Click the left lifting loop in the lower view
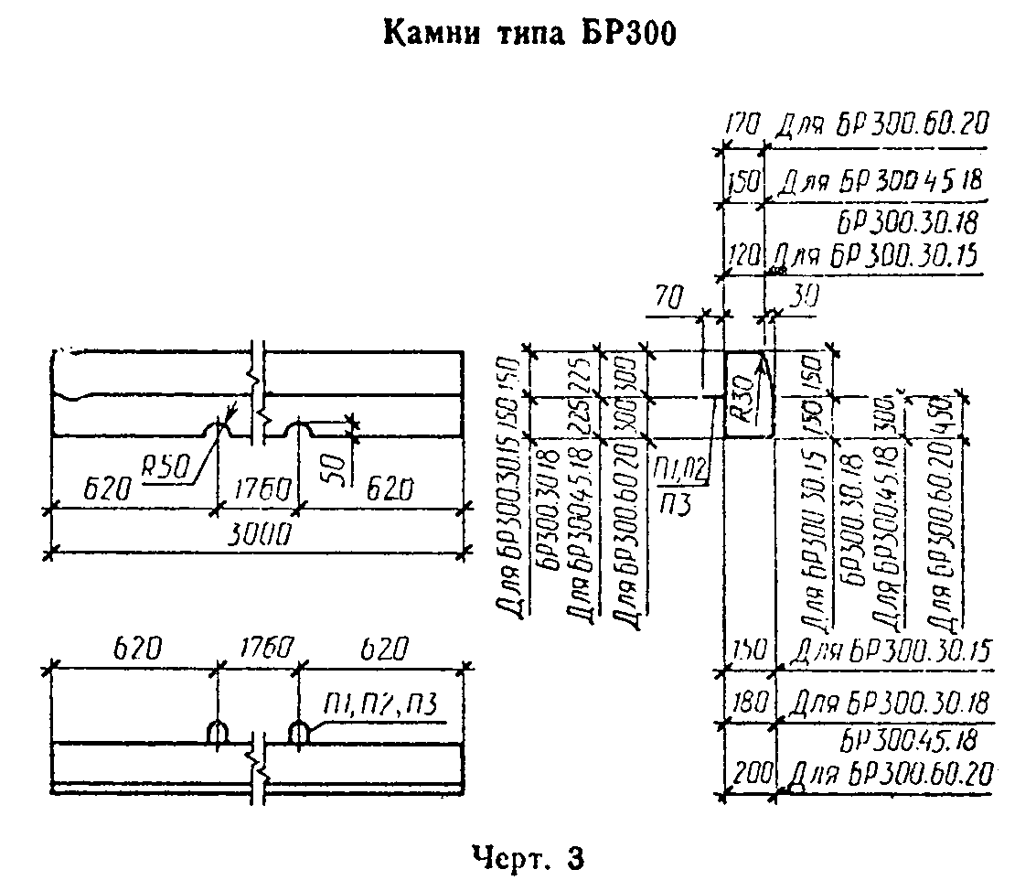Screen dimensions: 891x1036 (218, 733)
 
